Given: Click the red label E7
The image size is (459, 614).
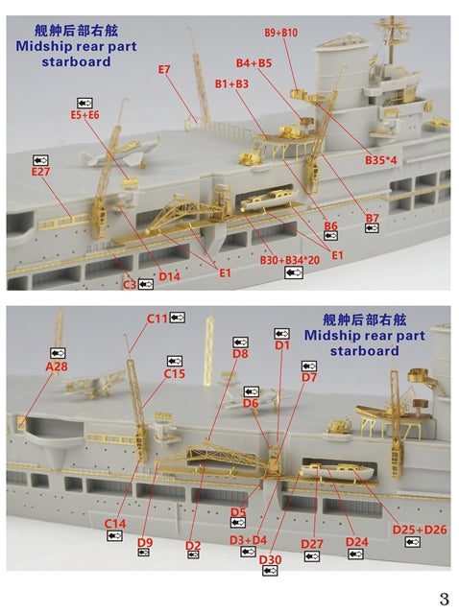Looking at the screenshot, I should tap(164, 69).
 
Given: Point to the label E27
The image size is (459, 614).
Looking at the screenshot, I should tap(39, 172).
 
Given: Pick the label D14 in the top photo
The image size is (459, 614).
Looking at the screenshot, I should tap(170, 276).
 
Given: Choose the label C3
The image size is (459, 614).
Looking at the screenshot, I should tap(129, 284).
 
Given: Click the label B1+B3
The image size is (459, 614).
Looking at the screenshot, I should tap(231, 84).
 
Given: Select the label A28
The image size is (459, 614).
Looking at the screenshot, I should tap(57, 366).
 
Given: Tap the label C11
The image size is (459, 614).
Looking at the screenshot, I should tap(157, 318).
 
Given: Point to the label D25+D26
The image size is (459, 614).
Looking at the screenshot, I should tap(419, 530).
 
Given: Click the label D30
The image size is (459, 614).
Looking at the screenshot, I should tap(270, 559).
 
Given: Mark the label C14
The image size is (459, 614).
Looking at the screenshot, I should tap(115, 523).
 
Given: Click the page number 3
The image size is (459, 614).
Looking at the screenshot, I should tap(445, 599).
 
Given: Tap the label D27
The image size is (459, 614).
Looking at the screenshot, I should tap(312, 544).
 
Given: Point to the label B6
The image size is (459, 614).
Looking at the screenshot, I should tap(331, 226).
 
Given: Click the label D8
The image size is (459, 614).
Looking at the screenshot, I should tap(240, 354).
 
